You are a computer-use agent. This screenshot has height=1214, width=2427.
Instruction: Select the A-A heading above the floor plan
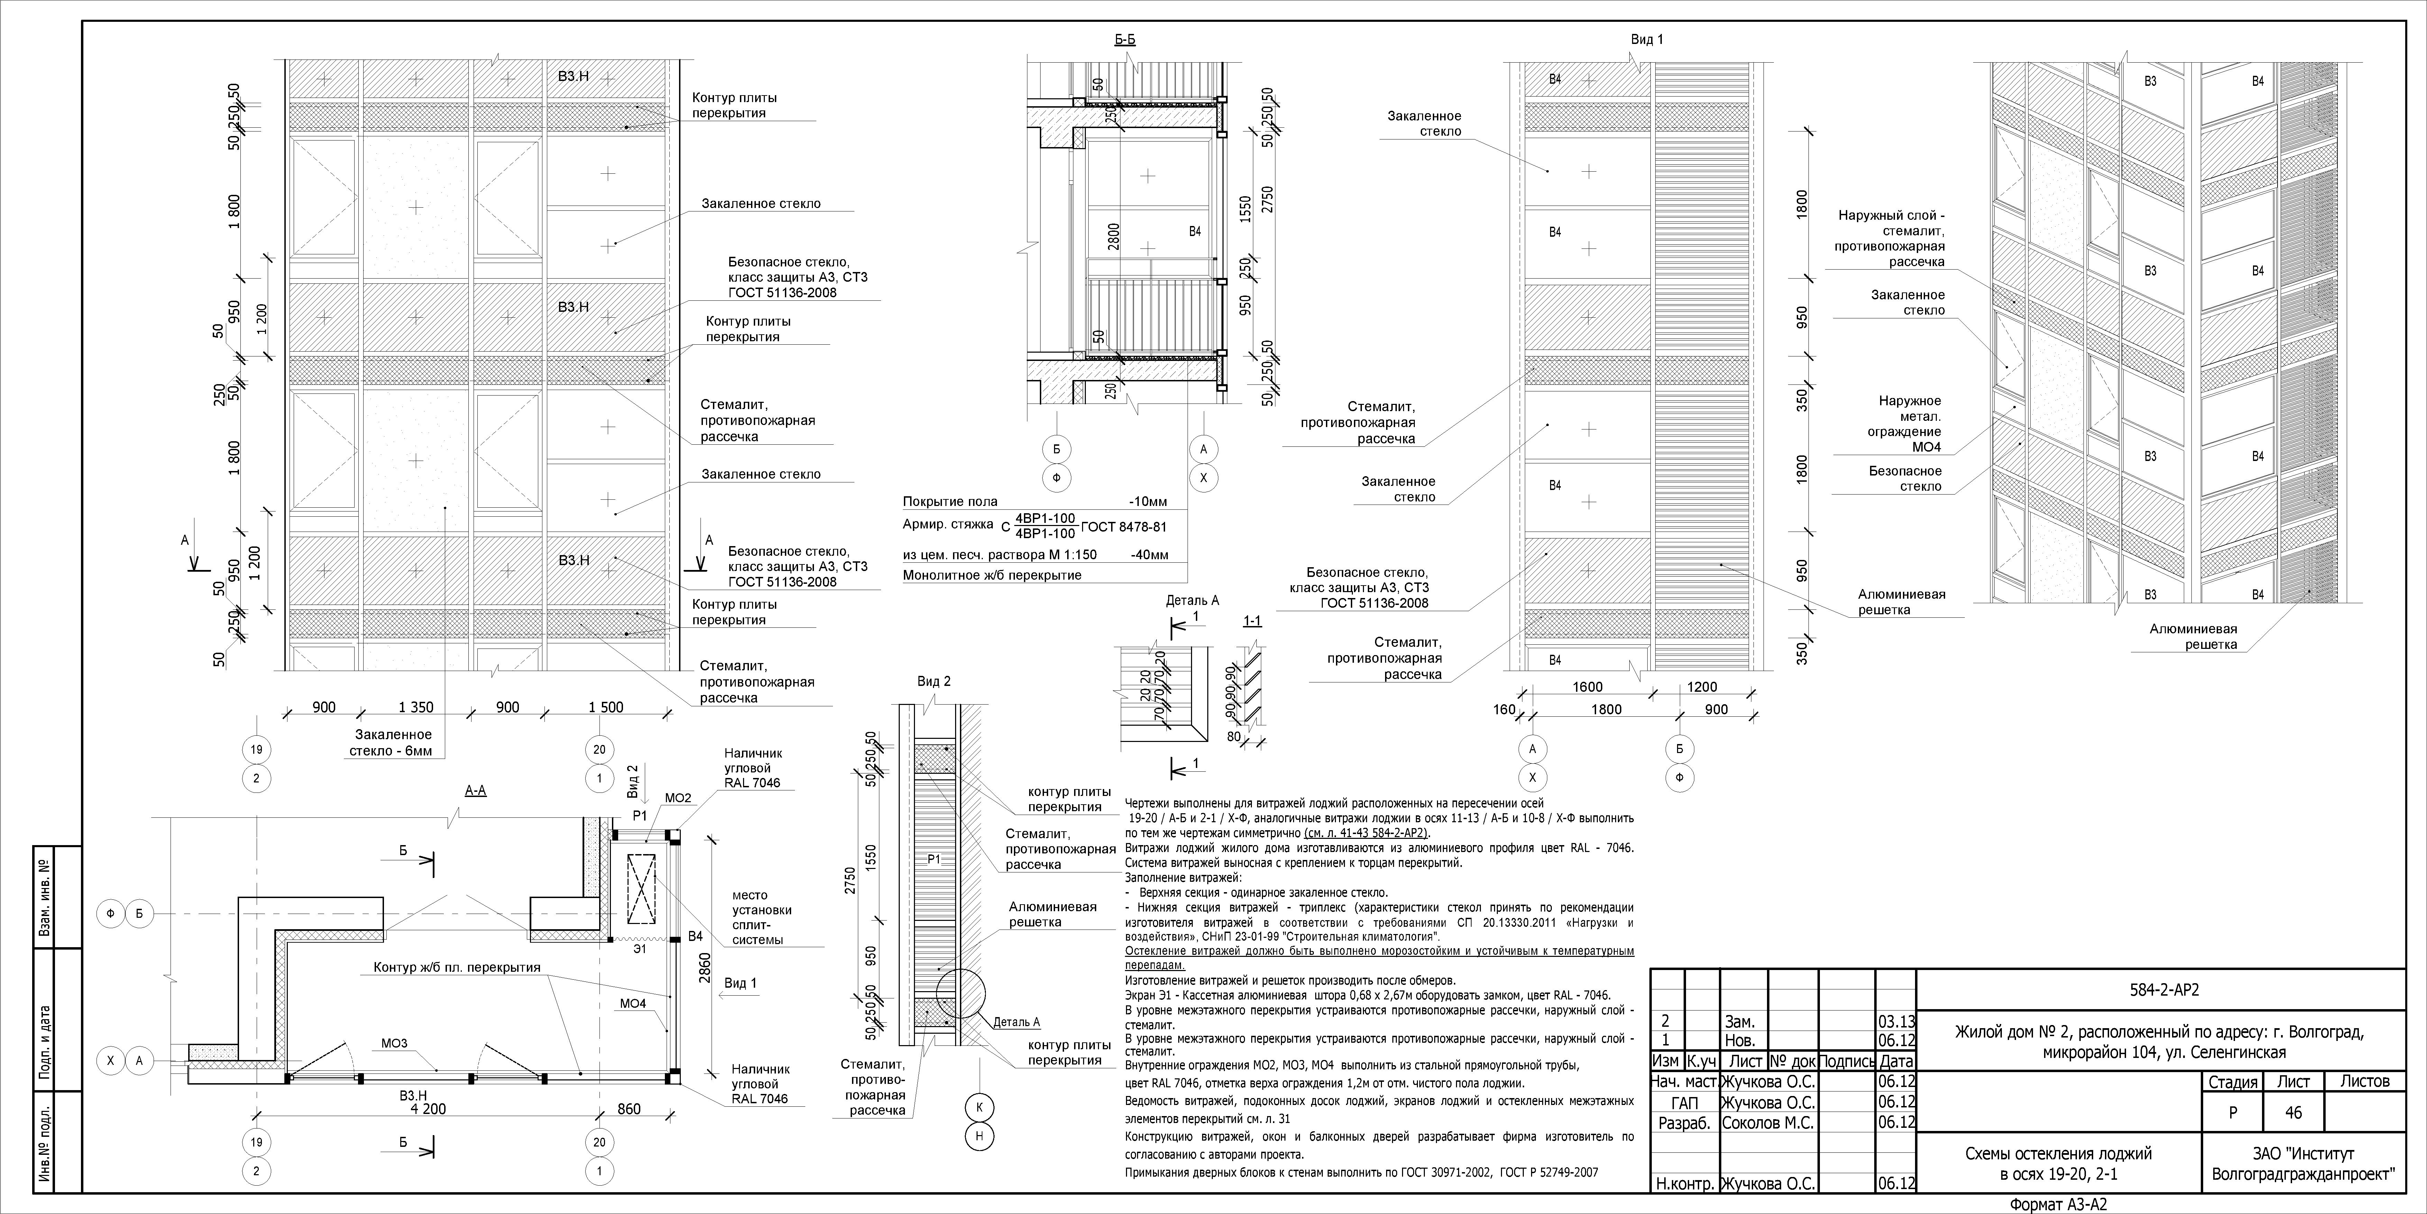point(476,791)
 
